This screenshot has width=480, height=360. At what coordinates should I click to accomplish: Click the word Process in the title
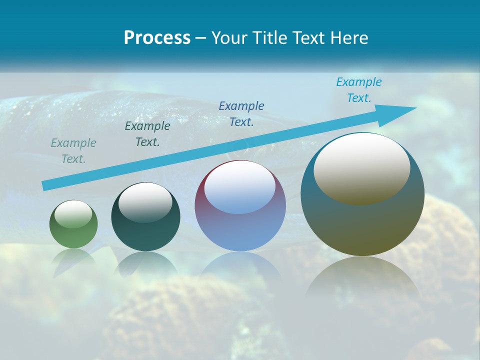[157, 38]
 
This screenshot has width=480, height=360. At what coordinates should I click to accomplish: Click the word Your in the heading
[228, 38]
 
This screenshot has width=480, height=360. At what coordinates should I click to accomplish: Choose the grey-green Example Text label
[73, 151]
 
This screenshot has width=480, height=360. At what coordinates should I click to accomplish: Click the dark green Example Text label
[147, 134]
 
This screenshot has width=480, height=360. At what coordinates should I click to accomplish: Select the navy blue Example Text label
[241, 113]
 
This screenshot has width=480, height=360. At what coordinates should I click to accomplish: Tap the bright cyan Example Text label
[359, 90]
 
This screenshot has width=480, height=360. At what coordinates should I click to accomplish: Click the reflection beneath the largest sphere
[362, 280]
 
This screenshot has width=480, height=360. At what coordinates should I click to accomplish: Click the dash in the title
[201, 38]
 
